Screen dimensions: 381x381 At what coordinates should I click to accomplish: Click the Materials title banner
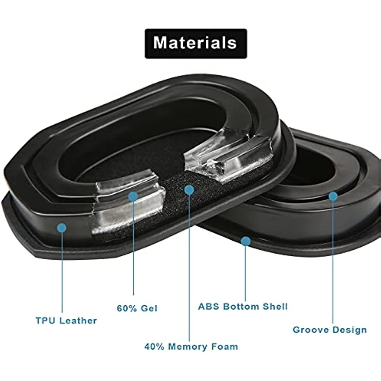(x=196, y=43)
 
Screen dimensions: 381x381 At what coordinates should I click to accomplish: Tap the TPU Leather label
(x=66, y=320)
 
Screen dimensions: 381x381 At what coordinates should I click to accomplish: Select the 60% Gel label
(x=137, y=308)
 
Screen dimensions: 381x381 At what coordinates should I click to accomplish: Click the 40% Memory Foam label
(x=191, y=346)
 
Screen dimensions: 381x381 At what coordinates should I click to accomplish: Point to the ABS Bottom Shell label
(x=243, y=306)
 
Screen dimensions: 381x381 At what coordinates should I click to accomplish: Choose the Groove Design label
(x=330, y=330)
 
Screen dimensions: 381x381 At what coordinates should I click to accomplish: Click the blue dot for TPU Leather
(x=62, y=227)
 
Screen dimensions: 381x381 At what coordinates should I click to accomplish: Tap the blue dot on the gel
(x=133, y=196)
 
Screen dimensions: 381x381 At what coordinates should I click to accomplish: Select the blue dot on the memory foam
(x=189, y=190)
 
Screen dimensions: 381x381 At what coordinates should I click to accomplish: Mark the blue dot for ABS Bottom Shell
(x=245, y=242)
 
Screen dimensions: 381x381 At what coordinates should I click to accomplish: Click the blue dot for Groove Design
(x=333, y=196)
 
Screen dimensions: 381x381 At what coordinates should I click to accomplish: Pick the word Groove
(x=311, y=330)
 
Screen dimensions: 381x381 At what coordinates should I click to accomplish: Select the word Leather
(x=78, y=320)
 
